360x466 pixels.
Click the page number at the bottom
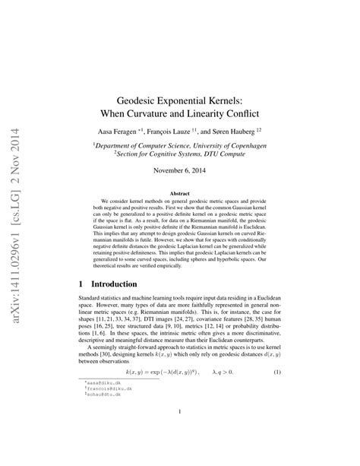click(179, 435)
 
